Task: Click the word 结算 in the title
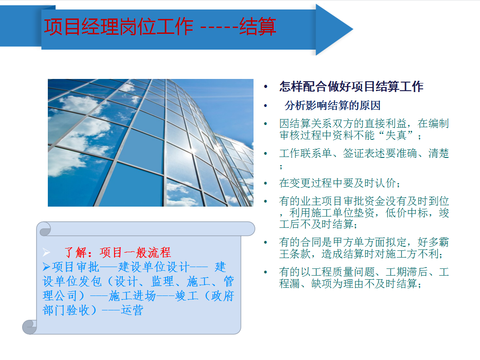[258, 27]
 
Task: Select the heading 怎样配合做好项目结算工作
[351, 87]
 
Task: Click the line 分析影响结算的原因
[332, 106]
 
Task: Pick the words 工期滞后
[406, 273]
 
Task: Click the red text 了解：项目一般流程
[117, 252]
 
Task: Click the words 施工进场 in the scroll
[133, 296]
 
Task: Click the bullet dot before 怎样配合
[266, 87]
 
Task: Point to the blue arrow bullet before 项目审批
[46, 267]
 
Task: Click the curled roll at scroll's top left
[45, 230]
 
